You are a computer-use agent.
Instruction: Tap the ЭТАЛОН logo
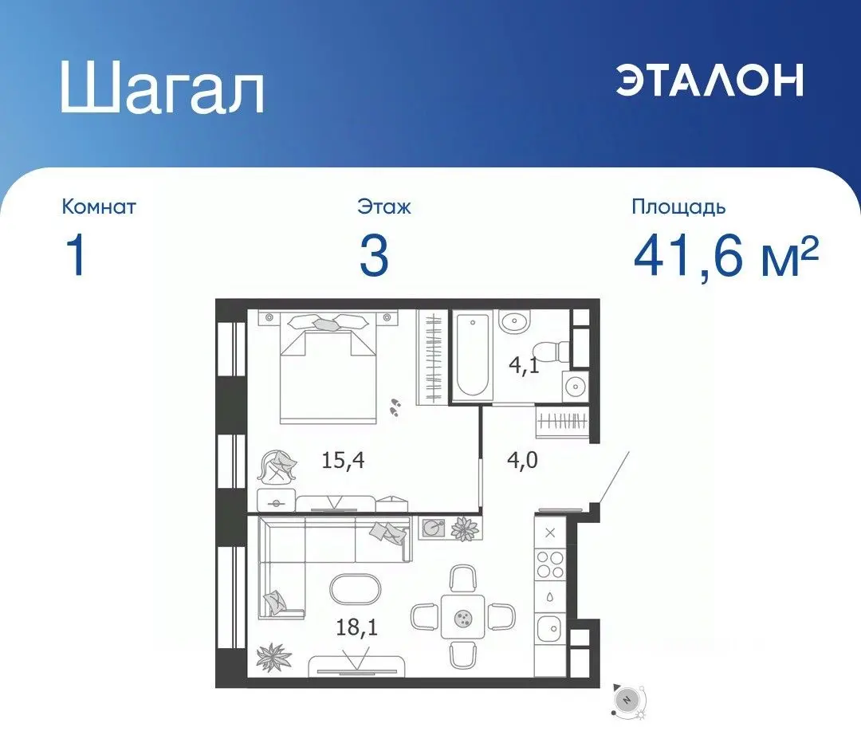pos(710,80)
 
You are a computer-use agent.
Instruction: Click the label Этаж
pos(384,207)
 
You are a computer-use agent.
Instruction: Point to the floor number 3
pos(374,257)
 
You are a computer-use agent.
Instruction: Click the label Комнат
pos(99,207)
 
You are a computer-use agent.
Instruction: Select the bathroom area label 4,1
pos(525,366)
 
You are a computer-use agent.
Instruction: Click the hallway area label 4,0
pos(522,460)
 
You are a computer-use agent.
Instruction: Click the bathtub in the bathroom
pos(474,356)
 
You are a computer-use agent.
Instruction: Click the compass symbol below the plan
pos(627,699)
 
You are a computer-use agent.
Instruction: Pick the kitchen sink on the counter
pos(549,630)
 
